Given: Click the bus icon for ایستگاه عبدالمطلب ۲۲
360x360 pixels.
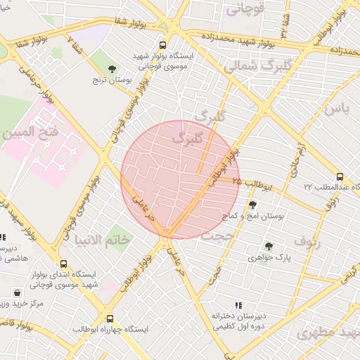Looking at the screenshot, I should (340, 176).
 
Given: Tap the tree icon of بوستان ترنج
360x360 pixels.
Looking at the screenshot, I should (112, 69).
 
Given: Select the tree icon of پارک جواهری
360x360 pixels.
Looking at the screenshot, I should (269, 246).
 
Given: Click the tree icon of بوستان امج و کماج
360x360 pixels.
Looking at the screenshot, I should (252, 205).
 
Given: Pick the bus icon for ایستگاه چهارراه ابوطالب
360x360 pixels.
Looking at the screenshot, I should (109, 319).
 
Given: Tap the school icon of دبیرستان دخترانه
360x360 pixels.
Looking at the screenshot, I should (238, 306).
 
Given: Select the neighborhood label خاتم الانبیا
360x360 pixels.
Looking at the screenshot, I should (107, 241).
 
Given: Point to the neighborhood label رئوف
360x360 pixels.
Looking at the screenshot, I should (308, 242).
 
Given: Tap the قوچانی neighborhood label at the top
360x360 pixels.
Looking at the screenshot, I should (245, 10).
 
